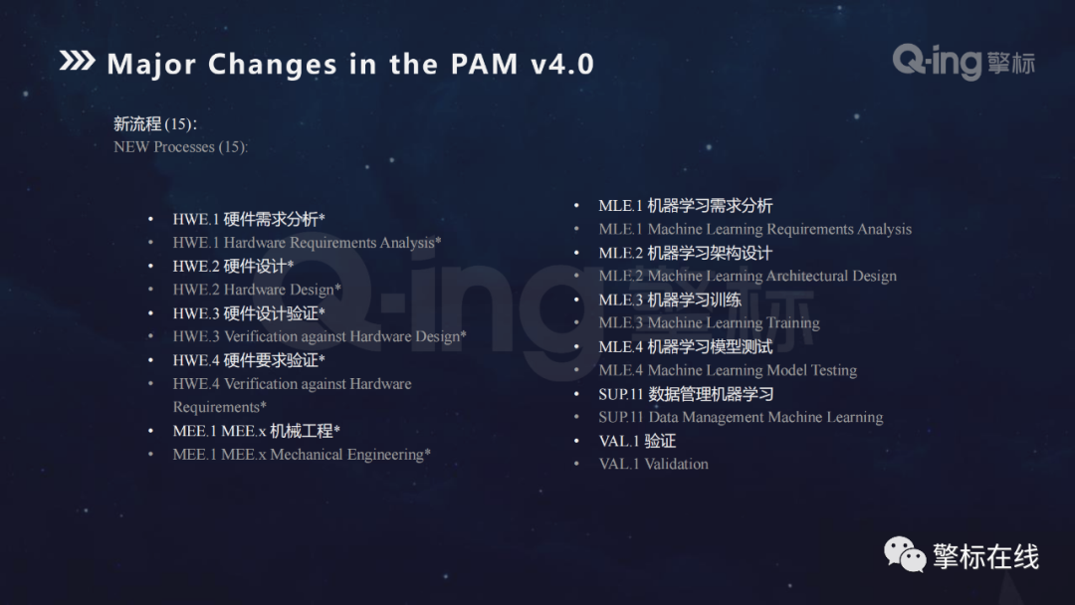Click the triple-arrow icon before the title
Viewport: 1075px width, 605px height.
point(77,61)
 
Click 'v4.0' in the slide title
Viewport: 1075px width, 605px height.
point(562,65)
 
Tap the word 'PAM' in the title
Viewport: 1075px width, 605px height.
point(484,65)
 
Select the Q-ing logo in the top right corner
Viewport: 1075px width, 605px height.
point(964,62)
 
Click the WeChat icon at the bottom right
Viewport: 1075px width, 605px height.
point(905,554)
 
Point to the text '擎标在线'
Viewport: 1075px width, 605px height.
point(985,556)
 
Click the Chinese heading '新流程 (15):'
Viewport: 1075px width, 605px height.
point(155,124)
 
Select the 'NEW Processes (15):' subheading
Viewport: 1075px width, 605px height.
point(180,147)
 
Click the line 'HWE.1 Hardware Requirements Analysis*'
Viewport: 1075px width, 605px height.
point(307,243)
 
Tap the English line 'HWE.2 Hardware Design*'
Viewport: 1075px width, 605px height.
point(257,290)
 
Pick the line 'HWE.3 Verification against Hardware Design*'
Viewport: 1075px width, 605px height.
point(319,336)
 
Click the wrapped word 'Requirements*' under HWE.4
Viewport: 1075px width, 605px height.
point(219,407)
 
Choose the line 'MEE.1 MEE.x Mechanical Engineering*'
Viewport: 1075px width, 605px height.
point(302,455)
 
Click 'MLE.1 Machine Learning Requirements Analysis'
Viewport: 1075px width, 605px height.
point(754,229)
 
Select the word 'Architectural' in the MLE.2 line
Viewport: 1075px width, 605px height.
point(807,276)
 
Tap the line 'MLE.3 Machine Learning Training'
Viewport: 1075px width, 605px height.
point(709,322)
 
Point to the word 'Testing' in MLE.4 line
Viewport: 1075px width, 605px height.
point(834,371)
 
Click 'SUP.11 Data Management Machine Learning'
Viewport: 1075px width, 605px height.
point(741,417)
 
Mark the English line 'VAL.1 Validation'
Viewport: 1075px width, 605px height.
point(653,464)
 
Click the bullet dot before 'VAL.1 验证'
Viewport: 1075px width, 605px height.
point(576,441)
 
